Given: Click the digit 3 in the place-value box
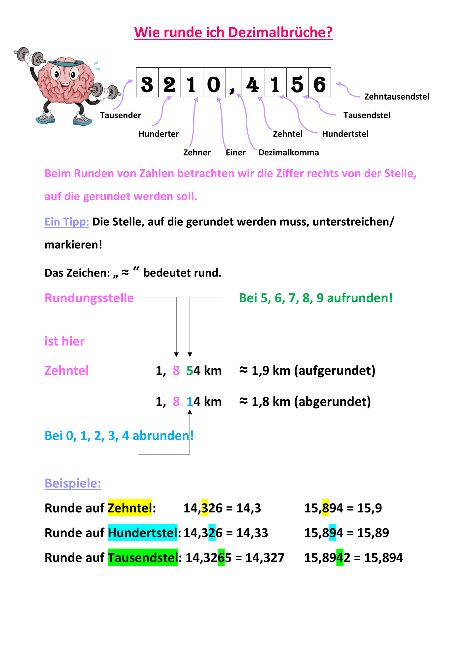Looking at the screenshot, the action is coord(147,84).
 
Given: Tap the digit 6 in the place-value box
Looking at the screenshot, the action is coord(319,84).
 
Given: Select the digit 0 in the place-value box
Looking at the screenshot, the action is coord(214,84).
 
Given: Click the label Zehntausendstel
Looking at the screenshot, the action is coord(397,97).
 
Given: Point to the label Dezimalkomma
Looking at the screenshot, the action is coord(289,152).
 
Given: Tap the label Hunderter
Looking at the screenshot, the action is coord(159,134).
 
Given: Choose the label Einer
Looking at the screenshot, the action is coord(235,152).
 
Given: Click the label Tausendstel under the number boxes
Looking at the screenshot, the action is coord(367,115).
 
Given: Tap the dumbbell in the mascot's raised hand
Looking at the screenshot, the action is coord(30,57).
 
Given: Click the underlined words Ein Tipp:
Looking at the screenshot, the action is coord(67,222).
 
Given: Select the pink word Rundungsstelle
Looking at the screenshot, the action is coord(89,298).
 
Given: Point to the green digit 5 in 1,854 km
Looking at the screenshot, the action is coord(190,371).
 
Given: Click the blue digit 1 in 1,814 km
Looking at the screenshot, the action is coord(190,402).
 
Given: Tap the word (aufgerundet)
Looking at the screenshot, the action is coord(335,371).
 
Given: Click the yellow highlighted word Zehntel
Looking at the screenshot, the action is coord(130,508).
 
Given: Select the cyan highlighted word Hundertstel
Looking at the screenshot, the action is coord(143,533).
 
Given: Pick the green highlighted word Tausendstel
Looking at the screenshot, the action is coord(143,558).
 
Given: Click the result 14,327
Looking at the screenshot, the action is coord(265,558).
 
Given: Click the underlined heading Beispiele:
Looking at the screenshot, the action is coord(73,483).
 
